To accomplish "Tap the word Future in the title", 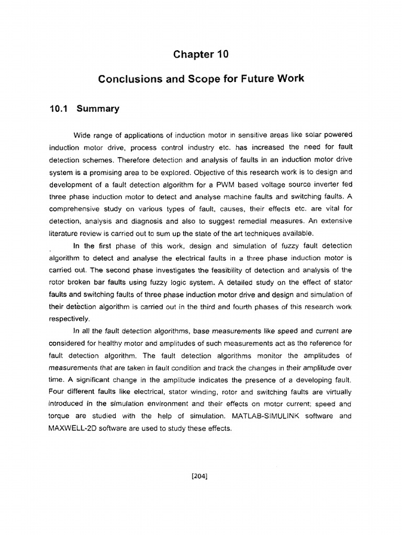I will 255,79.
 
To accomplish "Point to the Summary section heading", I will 98,109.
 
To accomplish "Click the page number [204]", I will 201,475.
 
